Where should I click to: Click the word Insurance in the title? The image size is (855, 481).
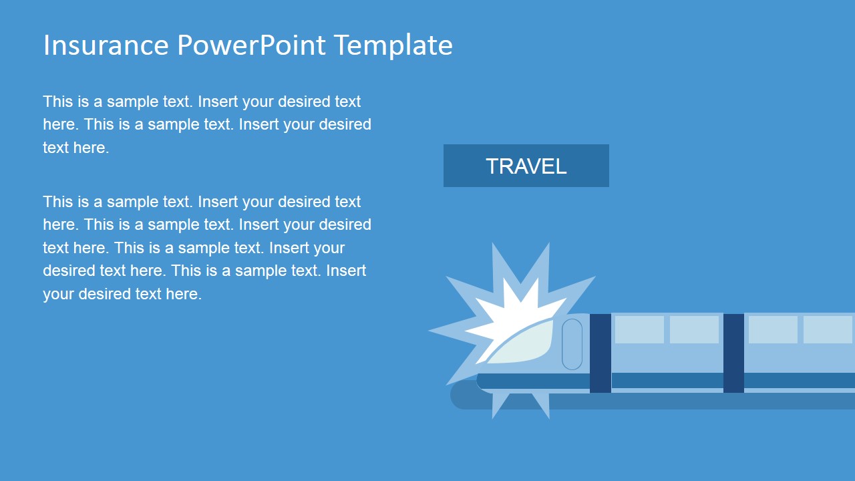coord(106,45)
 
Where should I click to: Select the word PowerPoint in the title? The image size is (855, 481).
coord(252,45)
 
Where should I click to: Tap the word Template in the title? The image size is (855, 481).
coord(393,45)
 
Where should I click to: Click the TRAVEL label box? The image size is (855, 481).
coord(526,166)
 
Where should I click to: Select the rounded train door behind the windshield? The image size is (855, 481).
coord(572,344)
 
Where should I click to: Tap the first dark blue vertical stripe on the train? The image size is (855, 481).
coord(600,353)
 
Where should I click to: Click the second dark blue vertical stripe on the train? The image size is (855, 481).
coord(733,353)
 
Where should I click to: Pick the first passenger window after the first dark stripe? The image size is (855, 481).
coord(639,329)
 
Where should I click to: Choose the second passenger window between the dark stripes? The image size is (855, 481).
coord(694,329)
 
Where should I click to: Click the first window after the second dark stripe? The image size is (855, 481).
coord(773,329)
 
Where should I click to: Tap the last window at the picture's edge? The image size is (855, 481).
coord(828,329)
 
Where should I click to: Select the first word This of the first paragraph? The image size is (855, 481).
coord(57,102)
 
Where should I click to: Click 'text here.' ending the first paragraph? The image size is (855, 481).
coord(75,148)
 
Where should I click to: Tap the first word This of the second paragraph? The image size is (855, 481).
coord(57,202)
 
